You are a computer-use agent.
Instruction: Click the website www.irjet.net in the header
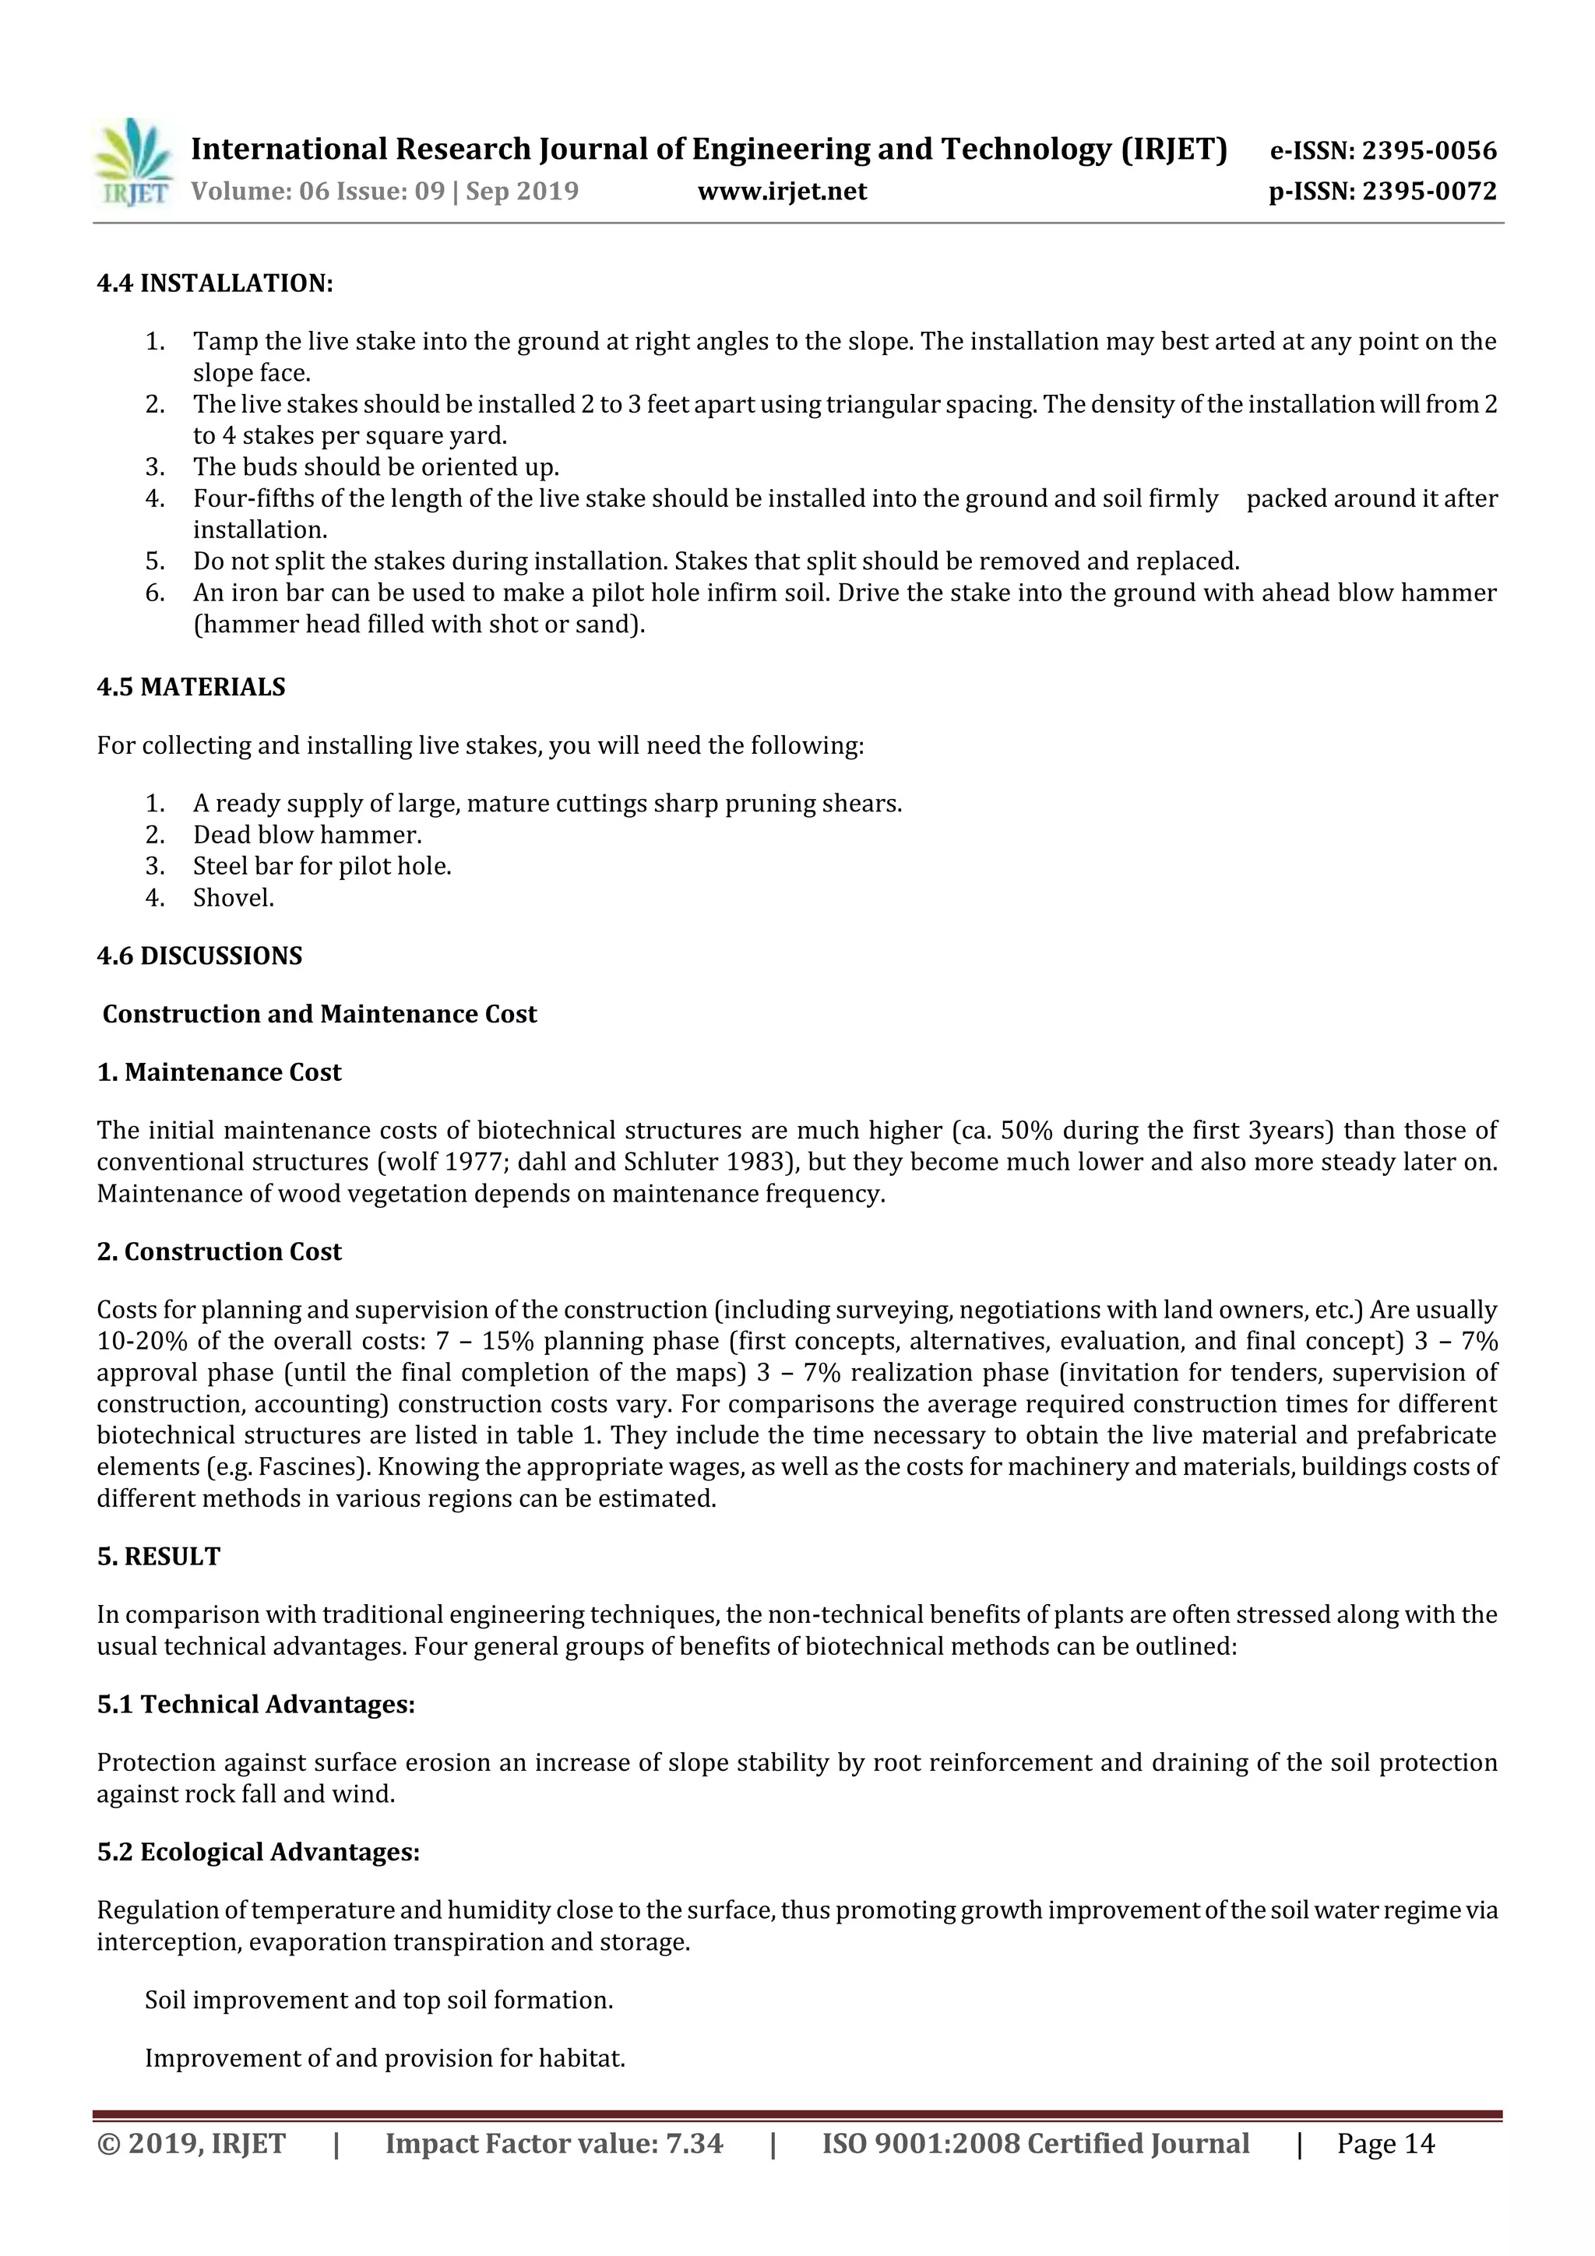point(782,192)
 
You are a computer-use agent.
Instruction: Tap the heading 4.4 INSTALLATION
point(215,284)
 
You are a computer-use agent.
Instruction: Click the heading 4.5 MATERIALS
point(191,687)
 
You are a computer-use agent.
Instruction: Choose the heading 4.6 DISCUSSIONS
point(199,956)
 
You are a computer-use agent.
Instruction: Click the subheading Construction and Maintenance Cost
point(319,1014)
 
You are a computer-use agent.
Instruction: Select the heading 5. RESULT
point(158,1557)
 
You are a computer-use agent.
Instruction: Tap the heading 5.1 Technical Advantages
point(255,1704)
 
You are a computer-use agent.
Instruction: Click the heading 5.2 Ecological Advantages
point(258,1852)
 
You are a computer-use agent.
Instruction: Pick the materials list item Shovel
point(233,898)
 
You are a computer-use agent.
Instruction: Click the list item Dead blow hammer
point(307,835)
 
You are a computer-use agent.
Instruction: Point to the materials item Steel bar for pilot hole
point(322,867)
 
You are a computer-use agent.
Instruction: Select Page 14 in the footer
point(1385,2144)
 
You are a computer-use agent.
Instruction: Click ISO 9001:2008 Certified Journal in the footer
point(1035,2144)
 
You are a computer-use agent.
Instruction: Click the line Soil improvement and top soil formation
point(379,2001)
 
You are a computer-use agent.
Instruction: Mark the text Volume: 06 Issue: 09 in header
point(318,192)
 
